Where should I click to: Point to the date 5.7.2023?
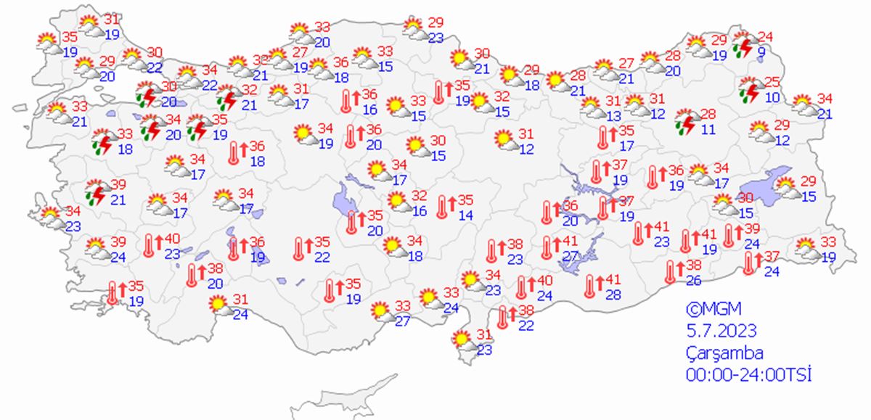coord(722,331)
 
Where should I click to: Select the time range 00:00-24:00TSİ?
coord(748,375)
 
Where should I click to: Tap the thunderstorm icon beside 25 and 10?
coord(748,91)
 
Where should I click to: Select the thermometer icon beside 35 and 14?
coord(443,207)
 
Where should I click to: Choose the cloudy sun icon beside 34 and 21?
coord(803,105)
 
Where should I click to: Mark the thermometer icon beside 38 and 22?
coord(504,317)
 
